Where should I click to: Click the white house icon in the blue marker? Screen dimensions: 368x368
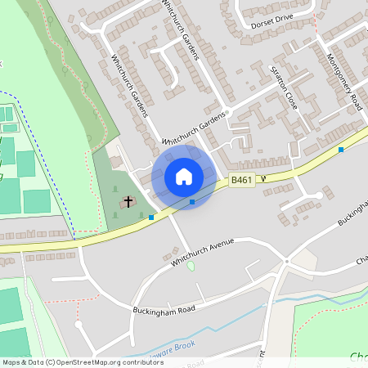click(x=184, y=177)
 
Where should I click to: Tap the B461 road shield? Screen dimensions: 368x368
click(x=241, y=181)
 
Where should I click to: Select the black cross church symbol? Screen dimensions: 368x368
click(x=128, y=201)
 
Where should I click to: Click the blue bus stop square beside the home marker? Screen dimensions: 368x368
click(x=192, y=201)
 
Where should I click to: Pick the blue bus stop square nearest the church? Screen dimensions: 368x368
click(x=151, y=217)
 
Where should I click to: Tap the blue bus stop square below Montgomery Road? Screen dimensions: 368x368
click(x=341, y=150)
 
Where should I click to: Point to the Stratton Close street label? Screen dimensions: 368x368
click(x=283, y=90)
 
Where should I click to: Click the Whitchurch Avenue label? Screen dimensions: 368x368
click(x=202, y=252)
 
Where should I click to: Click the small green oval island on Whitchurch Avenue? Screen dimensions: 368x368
click(x=191, y=266)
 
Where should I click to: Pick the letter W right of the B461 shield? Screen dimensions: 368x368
click(x=264, y=177)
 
